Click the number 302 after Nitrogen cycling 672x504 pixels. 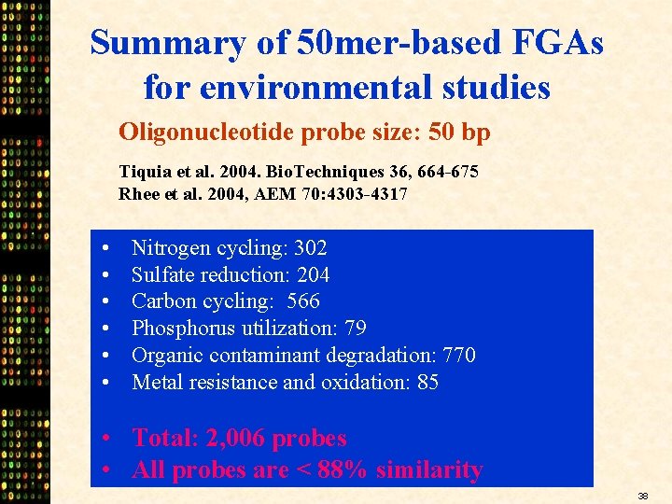[310, 248]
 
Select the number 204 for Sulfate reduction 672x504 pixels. [313, 274]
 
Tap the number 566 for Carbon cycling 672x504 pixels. [303, 301]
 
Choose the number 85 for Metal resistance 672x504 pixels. [427, 382]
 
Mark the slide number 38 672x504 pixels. [644, 496]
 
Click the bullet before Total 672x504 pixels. [109, 439]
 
